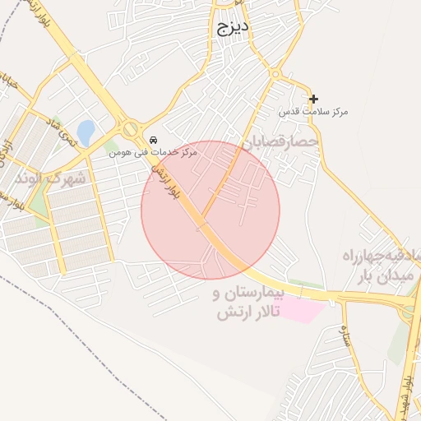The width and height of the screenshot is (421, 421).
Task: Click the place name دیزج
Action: pos(233,28)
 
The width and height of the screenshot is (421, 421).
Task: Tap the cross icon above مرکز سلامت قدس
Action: pos(313,99)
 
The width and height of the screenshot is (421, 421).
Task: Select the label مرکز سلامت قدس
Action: pos(313,111)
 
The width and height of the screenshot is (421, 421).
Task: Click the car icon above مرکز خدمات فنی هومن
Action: pos(154,140)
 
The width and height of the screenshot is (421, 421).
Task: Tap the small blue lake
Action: pos(85,130)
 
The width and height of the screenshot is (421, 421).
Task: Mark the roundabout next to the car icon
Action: pos(129,128)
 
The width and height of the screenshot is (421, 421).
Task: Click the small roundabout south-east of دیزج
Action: pos(275,75)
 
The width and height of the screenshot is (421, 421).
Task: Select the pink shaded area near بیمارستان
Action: pos(301,311)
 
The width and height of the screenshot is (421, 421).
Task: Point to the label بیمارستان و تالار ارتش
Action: pos(248,303)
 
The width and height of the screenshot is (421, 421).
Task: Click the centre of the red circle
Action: pos(210,210)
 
